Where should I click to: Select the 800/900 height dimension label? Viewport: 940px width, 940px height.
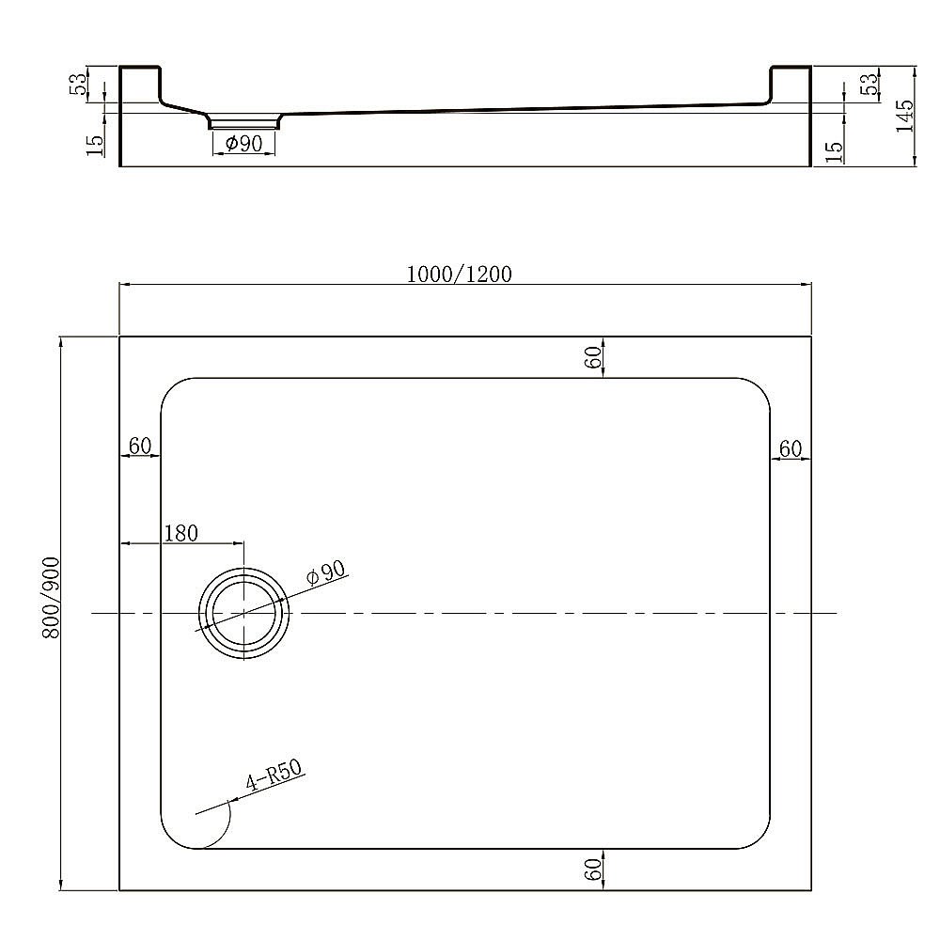pyautogui.click(x=53, y=598)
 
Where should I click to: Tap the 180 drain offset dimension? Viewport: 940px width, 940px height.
pyautogui.click(x=180, y=534)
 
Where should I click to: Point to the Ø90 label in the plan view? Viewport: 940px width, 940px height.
pyautogui.click(x=327, y=574)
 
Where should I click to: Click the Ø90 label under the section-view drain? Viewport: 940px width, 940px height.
pyautogui.click(x=243, y=144)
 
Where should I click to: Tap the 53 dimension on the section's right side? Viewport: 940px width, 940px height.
pyautogui.click(x=871, y=83)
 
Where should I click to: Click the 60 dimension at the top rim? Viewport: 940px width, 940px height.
pyautogui.click(x=592, y=357)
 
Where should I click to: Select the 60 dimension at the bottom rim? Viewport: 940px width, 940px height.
pyautogui.click(x=592, y=870)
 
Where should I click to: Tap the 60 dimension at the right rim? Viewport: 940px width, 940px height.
pyautogui.click(x=791, y=449)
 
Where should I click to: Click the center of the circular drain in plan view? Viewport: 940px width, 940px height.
pyautogui.click(x=244, y=613)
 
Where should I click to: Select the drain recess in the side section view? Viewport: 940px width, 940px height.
pyautogui.click(x=243, y=121)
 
